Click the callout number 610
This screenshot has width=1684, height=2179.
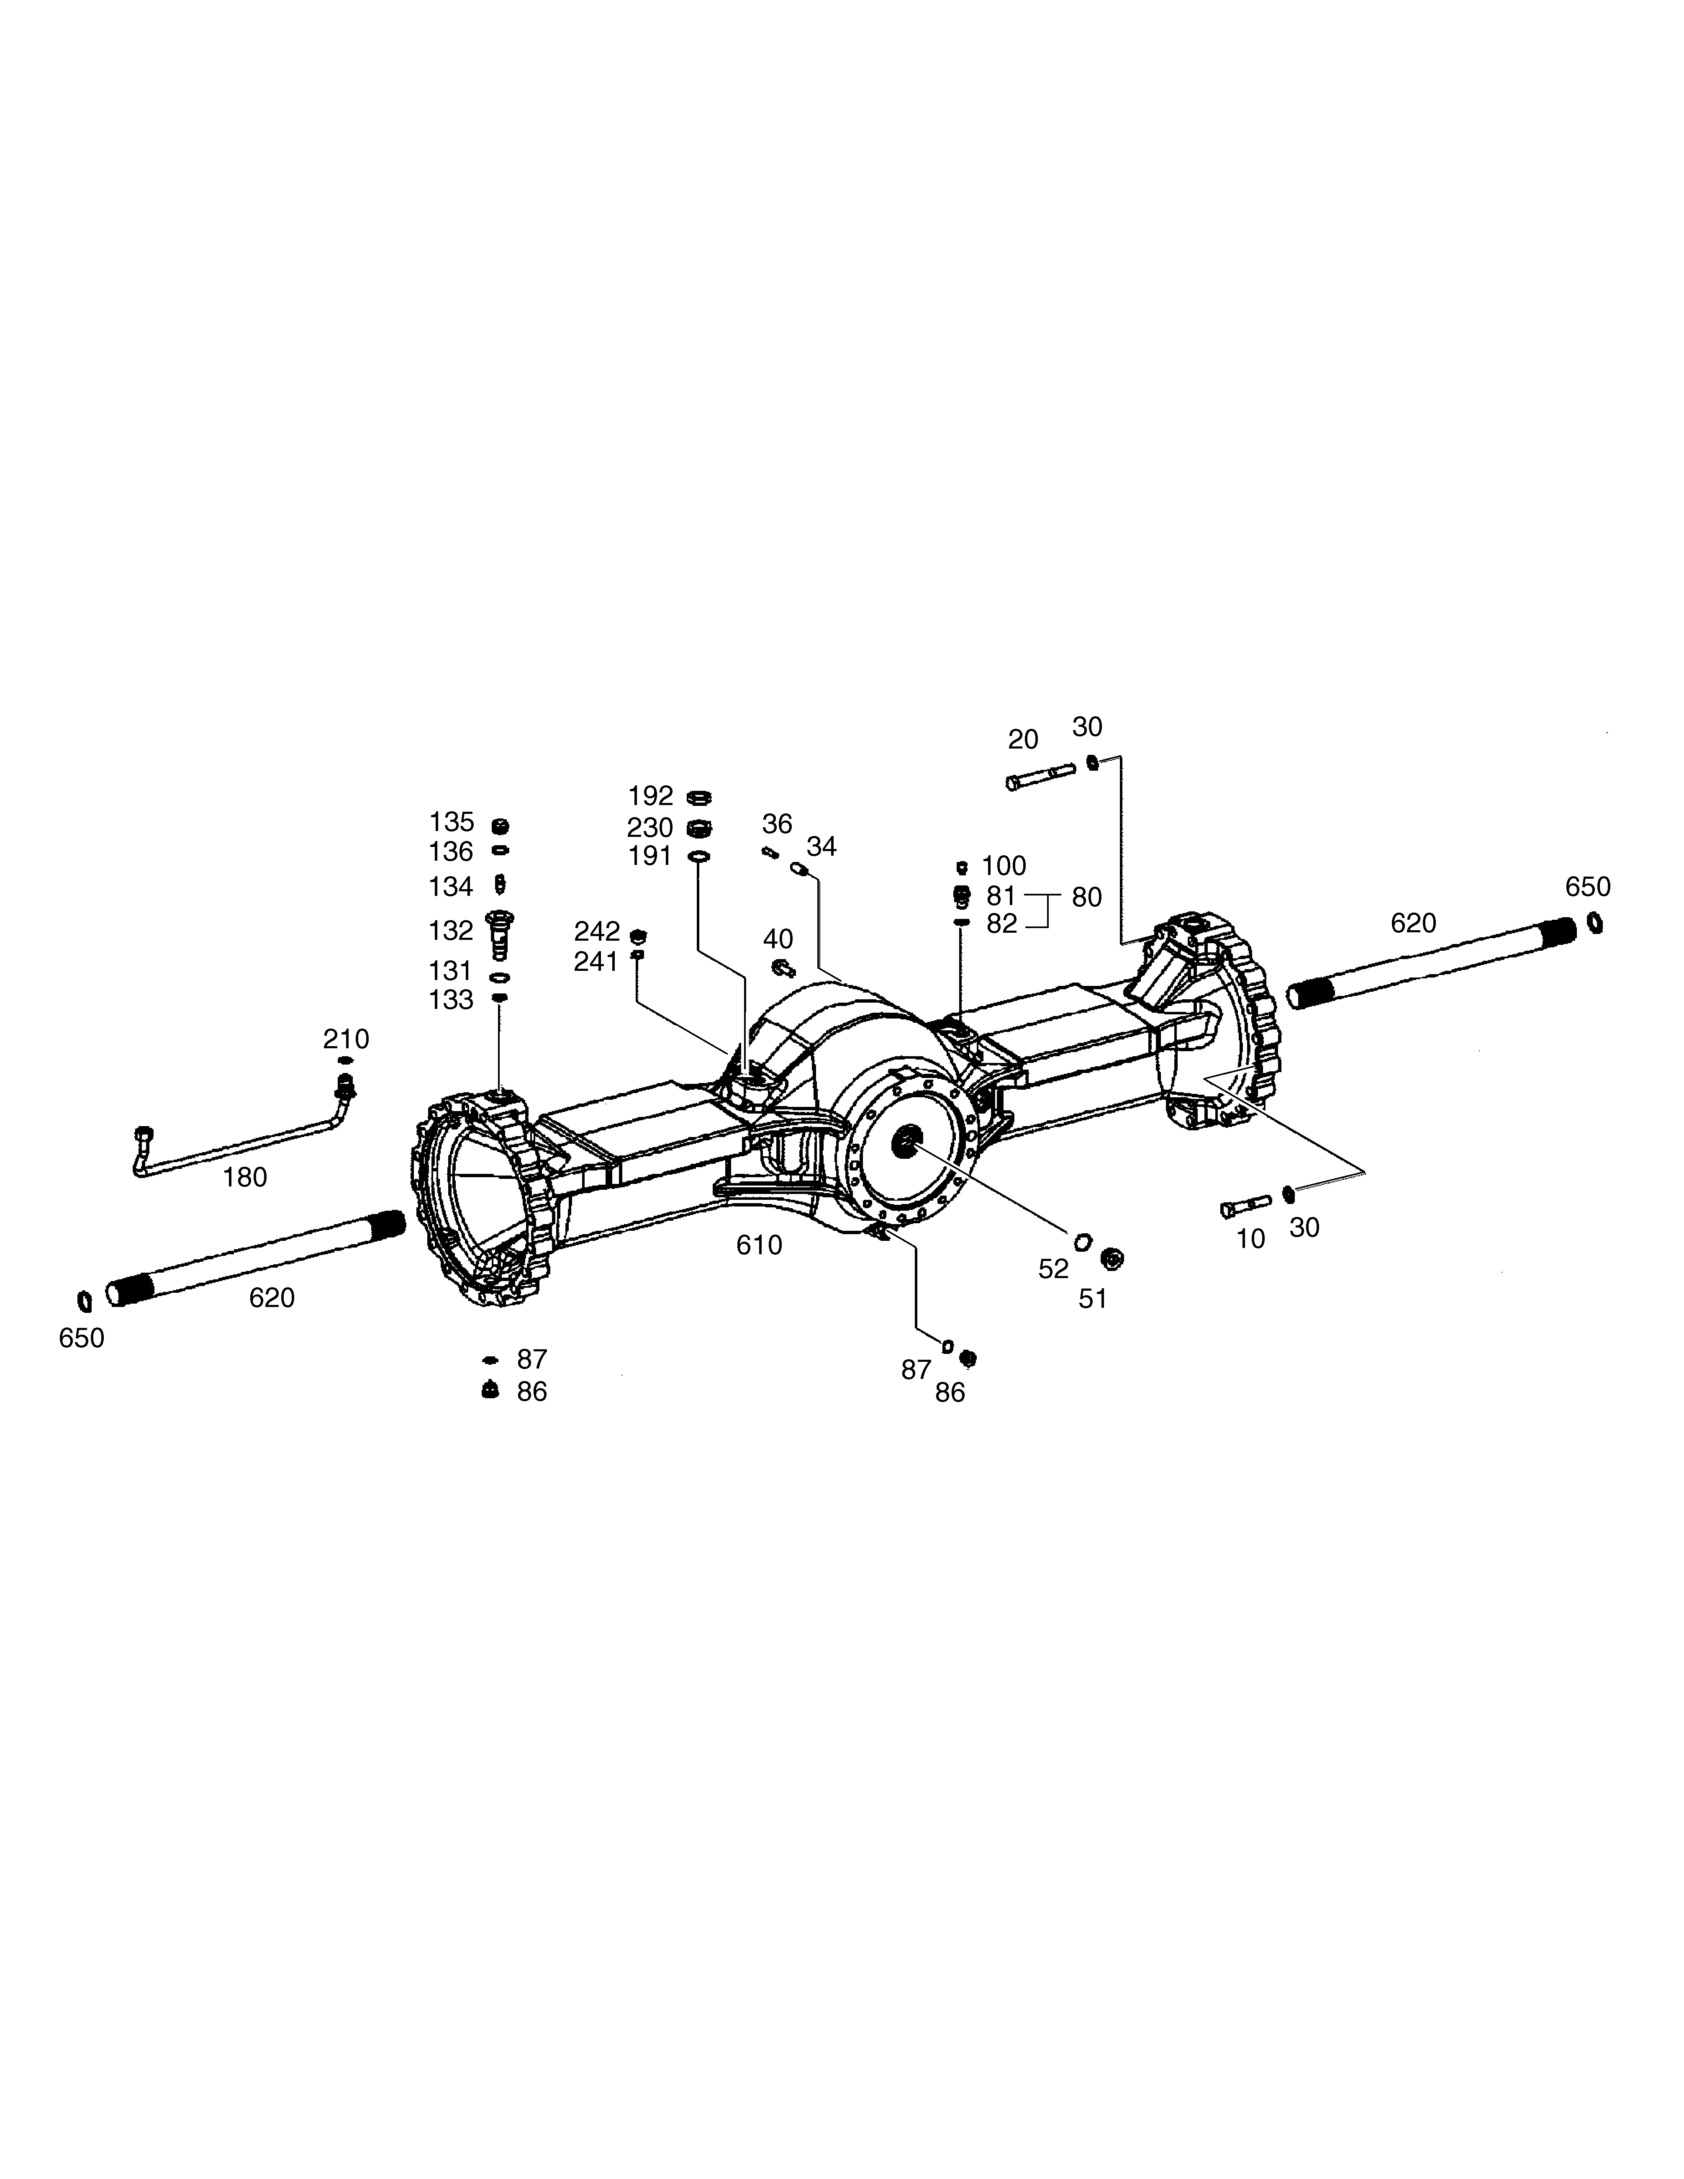[759, 1245]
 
